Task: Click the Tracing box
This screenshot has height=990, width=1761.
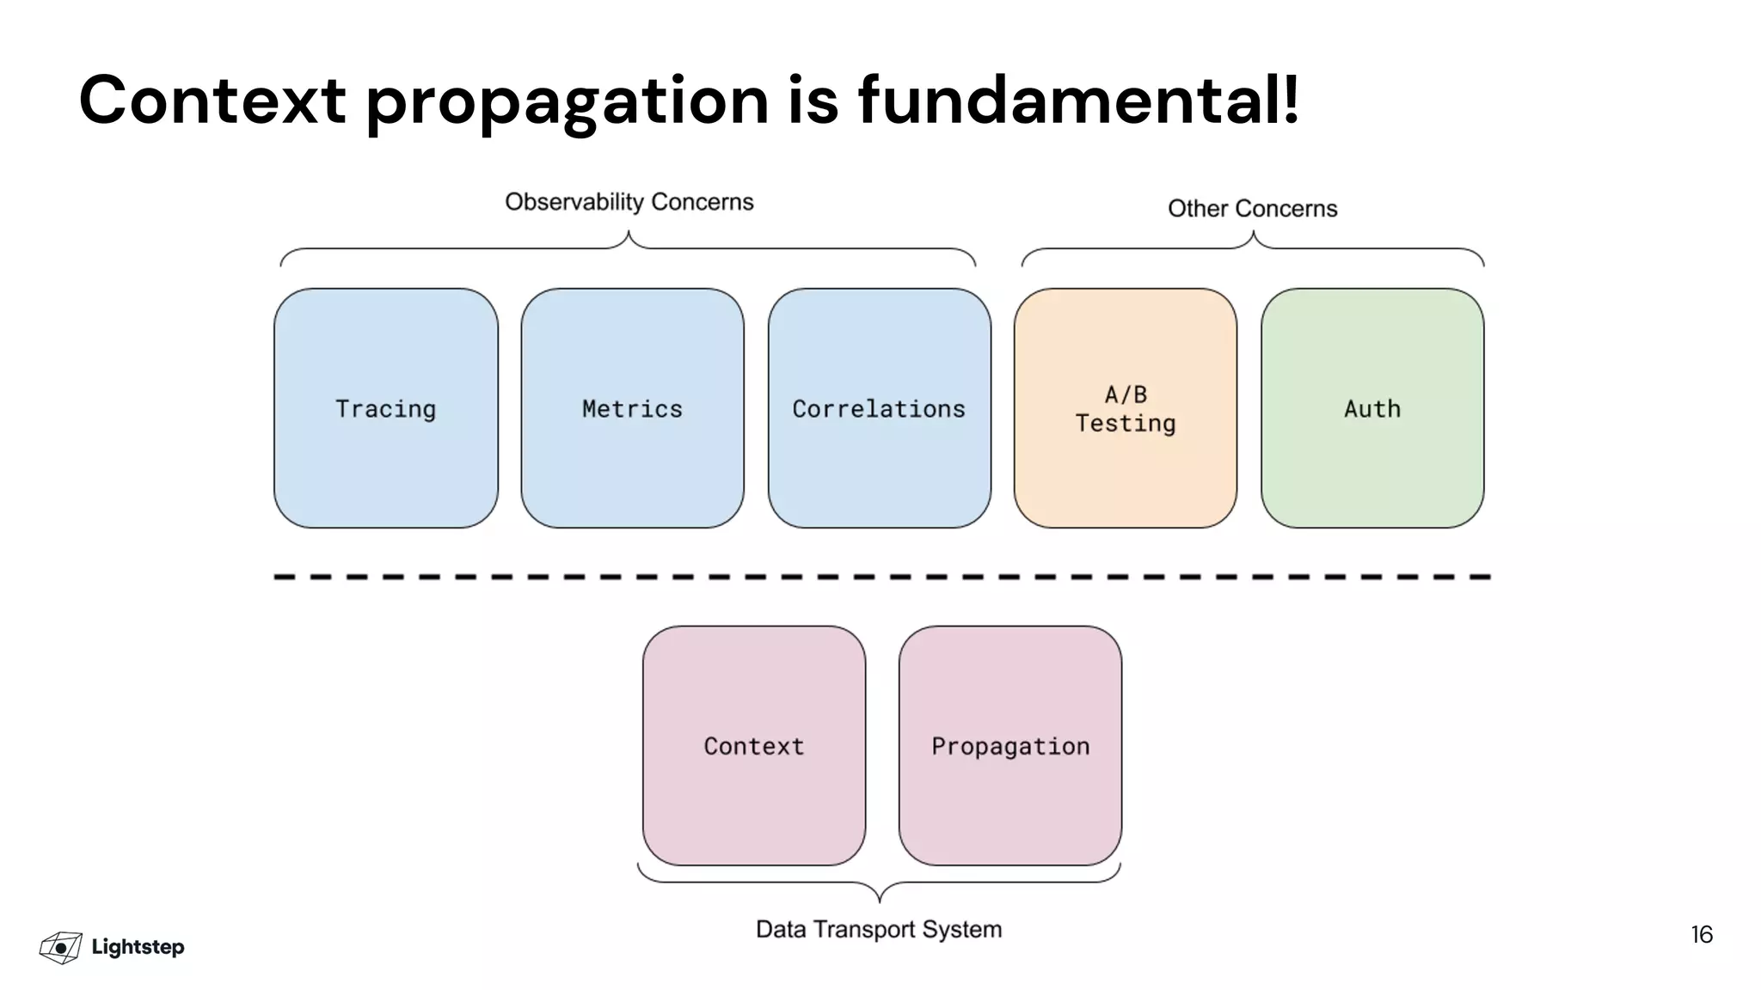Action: [x=385, y=408]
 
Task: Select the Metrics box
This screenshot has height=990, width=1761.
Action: [x=632, y=408]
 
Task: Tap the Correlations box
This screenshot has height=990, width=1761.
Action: [x=879, y=408]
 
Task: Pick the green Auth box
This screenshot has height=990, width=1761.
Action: [x=1372, y=408]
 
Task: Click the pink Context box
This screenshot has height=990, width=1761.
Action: [x=753, y=745]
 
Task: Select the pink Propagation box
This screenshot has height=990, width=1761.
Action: [x=1009, y=745]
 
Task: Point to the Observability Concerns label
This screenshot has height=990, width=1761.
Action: [x=629, y=202]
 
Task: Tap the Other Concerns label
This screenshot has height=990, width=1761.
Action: [x=1252, y=209]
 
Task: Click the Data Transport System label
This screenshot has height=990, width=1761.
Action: [x=878, y=929]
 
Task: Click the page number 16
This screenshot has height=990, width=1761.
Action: [x=1701, y=935]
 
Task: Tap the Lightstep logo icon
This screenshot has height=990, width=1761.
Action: [x=61, y=947]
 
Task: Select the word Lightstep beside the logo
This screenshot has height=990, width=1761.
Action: [x=138, y=947]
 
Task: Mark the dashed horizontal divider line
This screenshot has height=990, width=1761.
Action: [x=881, y=577]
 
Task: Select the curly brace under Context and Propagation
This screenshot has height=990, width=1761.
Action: [x=879, y=885]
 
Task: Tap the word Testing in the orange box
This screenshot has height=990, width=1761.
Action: [x=1125, y=423]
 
